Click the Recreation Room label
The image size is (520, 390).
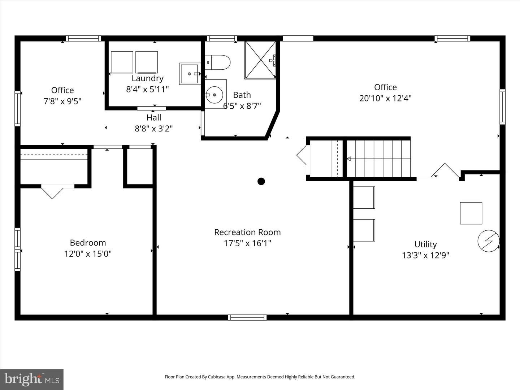point(247,232)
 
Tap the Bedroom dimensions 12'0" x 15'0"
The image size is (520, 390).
point(88,254)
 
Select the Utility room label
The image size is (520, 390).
point(425,244)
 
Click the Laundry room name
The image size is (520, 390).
point(147,78)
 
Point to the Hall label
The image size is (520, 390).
point(154,117)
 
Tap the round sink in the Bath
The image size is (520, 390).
point(214,95)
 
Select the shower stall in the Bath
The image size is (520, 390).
point(260,60)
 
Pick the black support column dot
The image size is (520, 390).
point(261,181)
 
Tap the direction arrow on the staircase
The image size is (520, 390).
point(349,159)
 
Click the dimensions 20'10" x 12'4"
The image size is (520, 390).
point(385,98)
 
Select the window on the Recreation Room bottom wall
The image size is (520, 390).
point(247,317)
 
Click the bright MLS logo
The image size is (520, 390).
point(32,379)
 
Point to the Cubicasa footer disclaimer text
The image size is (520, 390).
point(260,377)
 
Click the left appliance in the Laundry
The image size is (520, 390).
point(122,62)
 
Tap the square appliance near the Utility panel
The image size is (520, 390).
point(471,213)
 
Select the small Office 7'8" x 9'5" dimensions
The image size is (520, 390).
point(62,101)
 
